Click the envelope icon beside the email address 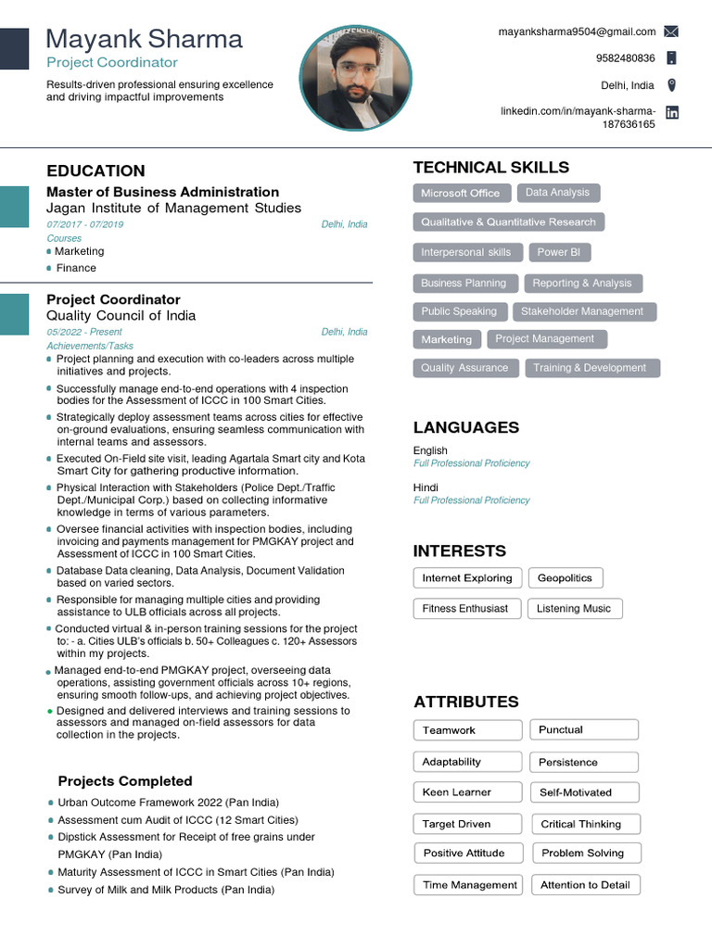[x=671, y=32]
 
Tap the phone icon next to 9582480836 [x=671, y=58]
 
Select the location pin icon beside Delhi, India [x=671, y=85]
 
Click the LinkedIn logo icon [x=672, y=112]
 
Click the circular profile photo [x=356, y=78]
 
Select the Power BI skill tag [x=559, y=252]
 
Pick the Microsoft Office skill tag [x=460, y=193]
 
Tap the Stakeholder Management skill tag [x=581, y=311]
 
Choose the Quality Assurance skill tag [x=464, y=368]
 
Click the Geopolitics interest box [x=565, y=578]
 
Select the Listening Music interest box [x=574, y=609]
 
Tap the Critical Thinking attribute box [x=581, y=824]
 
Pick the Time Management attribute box [x=469, y=885]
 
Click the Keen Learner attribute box [x=456, y=792]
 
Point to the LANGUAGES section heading [x=465, y=427]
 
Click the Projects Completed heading [x=125, y=781]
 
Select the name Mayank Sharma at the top [x=145, y=39]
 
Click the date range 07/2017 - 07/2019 [x=84, y=225]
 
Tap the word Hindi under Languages [x=426, y=487]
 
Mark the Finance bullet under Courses [x=76, y=268]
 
